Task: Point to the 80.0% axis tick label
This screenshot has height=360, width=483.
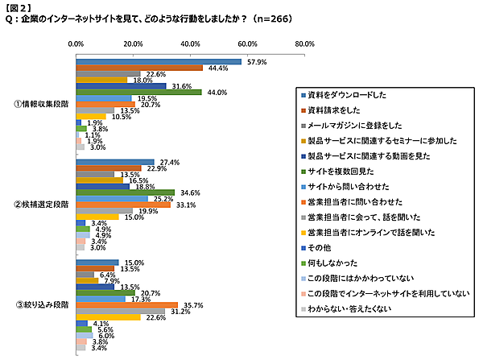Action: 305,45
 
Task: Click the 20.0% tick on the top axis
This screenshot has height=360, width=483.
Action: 133,45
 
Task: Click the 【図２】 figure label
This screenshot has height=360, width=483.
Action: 19,6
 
